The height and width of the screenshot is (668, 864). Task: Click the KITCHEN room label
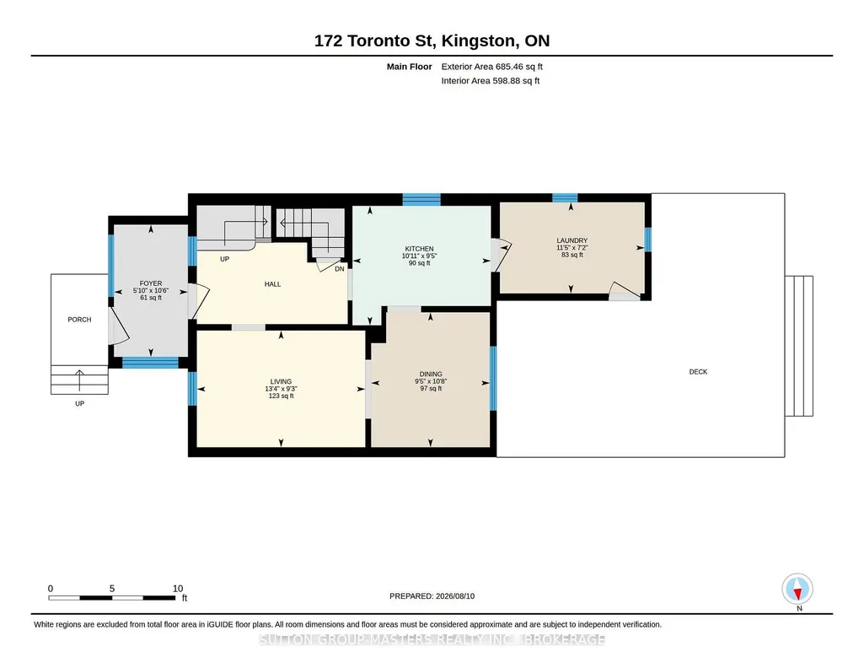419,249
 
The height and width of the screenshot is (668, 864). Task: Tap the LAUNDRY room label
572,240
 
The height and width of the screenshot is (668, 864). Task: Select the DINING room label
431,374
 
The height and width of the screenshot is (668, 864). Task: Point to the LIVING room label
281,381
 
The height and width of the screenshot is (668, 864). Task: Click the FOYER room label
150,283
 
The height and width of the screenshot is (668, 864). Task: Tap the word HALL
273,284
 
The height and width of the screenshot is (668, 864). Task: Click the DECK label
698,372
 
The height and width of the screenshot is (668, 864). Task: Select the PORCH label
79,320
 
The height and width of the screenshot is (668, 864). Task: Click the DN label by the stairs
340,269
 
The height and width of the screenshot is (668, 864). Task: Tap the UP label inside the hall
224,259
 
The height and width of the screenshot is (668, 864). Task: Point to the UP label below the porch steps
80,404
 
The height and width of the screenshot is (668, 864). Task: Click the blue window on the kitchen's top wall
421,200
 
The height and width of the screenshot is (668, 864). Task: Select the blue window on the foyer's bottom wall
150,363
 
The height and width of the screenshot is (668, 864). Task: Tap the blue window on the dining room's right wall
493,378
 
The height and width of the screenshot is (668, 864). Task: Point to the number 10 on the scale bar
177,589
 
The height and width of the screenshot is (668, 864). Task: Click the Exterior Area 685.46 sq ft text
491,67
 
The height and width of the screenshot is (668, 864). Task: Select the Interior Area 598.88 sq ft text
490,81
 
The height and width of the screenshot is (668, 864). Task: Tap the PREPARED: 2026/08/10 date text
432,596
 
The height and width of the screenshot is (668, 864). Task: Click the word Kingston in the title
479,40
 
